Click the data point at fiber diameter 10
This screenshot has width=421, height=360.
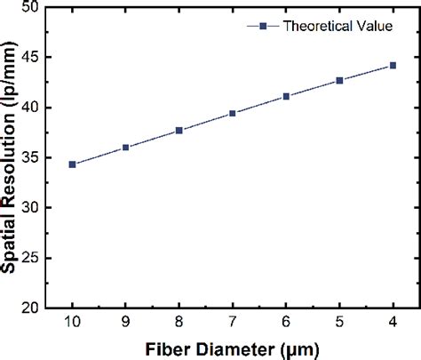(73, 164)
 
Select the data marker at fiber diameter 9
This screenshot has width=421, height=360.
(126, 148)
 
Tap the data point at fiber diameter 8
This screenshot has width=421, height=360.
(179, 131)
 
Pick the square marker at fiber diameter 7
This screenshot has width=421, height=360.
(233, 114)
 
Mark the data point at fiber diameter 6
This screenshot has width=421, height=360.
(286, 96)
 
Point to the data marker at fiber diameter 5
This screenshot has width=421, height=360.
(339, 80)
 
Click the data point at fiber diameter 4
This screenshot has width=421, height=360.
(393, 65)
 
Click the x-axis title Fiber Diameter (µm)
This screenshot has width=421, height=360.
(233, 348)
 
